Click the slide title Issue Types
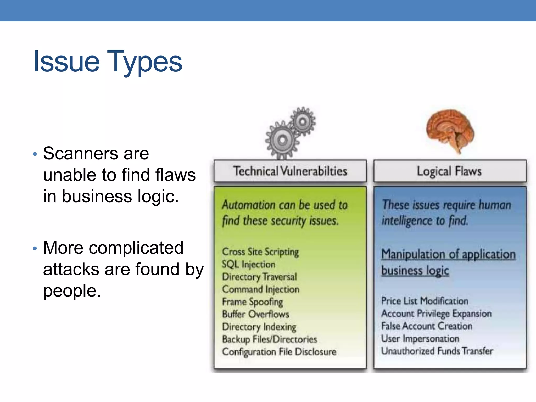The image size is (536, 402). pyautogui.click(x=108, y=62)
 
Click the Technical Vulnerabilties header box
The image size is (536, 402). pyautogui.click(x=290, y=171)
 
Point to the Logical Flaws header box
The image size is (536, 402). pyautogui.click(x=449, y=171)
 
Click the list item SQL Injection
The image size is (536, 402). pyautogui.click(x=248, y=264)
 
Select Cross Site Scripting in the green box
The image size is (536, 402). pyautogui.click(x=260, y=252)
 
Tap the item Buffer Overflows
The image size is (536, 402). pyautogui.click(x=255, y=314)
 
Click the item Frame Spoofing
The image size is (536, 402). pyautogui.click(x=252, y=302)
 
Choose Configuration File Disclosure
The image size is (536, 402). pyautogui.click(x=279, y=352)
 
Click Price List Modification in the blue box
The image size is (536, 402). pyautogui.click(x=425, y=301)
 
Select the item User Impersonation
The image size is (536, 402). pyautogui.click(x=420, y=339)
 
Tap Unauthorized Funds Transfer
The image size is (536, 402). pyautogui.click(x=437, y=351)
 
